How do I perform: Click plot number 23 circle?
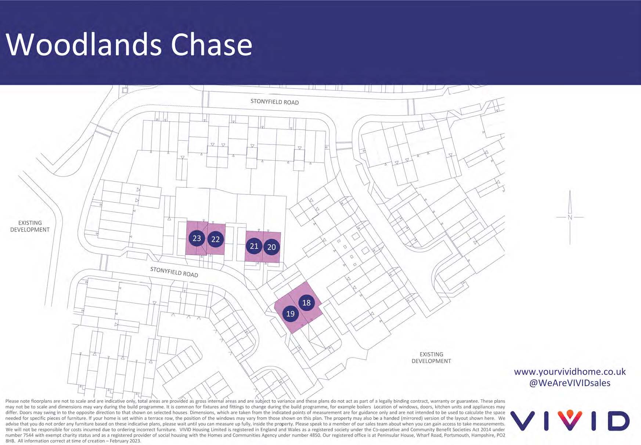point(197,238)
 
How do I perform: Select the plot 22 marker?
point(215,239)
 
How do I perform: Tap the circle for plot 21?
point(254,246)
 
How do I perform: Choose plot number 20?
point(271,247)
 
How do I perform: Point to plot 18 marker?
point(306,302)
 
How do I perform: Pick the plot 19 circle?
point(290,313)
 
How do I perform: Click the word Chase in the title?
point(212,44)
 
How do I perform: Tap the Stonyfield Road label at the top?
point(274,102)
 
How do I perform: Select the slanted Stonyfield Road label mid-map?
point(174,272)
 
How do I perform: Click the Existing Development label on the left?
point(30,226)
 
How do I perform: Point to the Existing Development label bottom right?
point(431,358)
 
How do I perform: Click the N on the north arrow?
point(570,217)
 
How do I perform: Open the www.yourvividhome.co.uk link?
point(570,372)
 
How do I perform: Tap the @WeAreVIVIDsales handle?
point(570,383)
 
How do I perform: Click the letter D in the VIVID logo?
point(616,420)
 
